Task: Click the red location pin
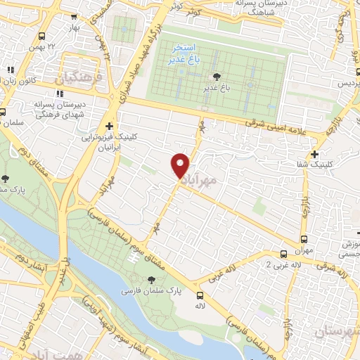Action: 181,165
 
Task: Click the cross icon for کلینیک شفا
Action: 314,154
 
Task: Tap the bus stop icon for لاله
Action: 200,295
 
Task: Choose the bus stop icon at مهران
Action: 304,239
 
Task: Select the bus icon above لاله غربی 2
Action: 283,254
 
